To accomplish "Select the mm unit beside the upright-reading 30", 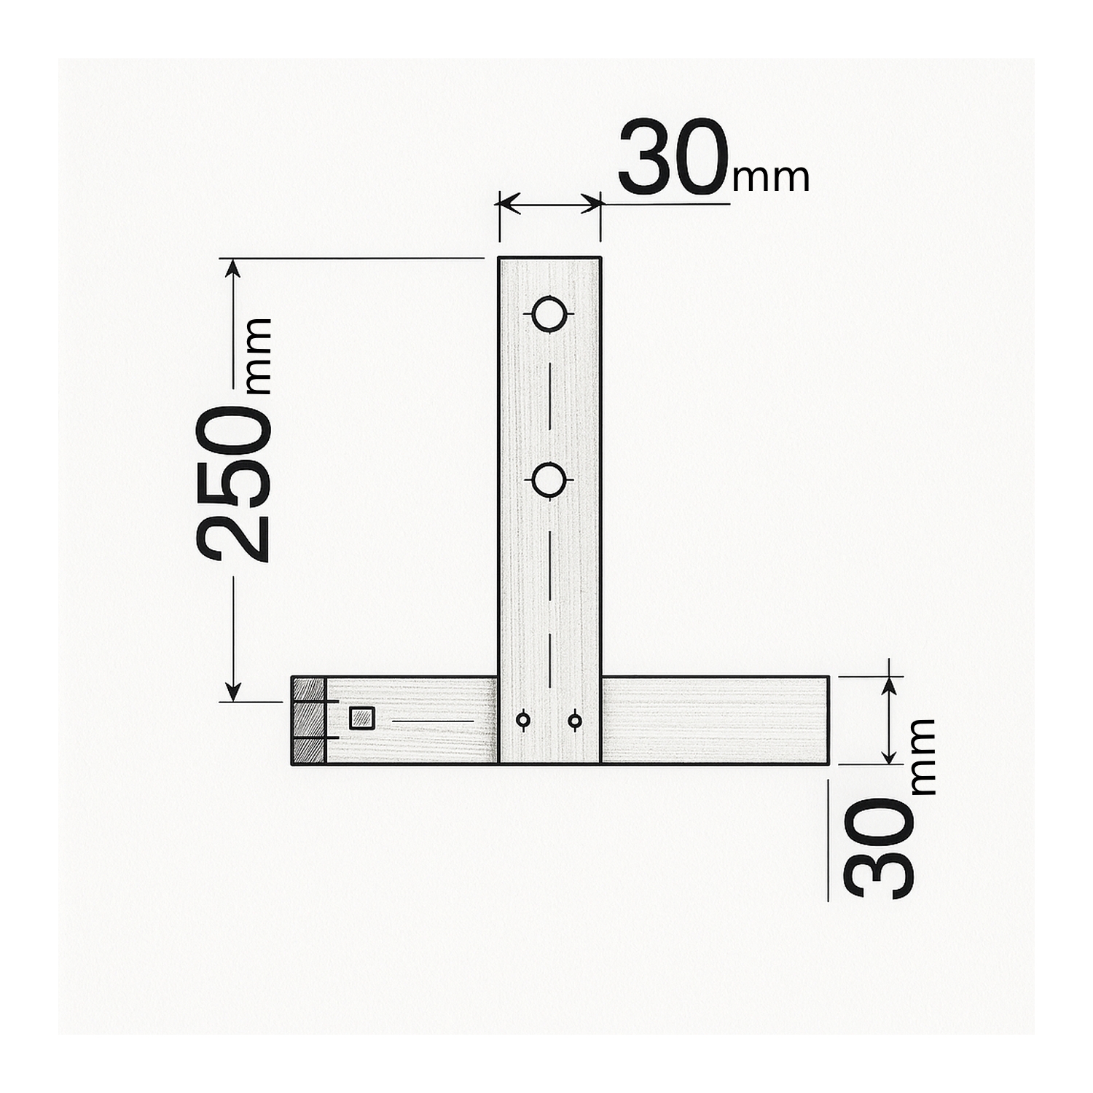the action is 771,178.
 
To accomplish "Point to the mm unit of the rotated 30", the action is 922,756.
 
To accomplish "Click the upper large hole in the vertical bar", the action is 548,314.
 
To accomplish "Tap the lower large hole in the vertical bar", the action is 548,480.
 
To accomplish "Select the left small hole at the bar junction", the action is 522,720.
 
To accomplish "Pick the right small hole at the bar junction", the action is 574,720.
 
